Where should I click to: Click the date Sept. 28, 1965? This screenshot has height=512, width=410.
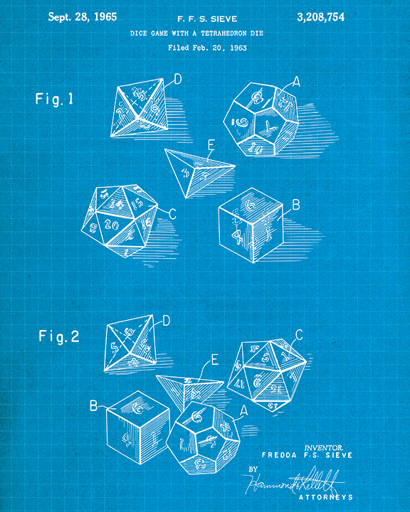[83, 16]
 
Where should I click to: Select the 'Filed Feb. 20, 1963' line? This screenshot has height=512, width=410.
[205, 48]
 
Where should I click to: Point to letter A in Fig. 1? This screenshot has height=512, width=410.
[296, 82]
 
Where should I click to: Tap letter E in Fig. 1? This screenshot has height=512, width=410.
[211, 145]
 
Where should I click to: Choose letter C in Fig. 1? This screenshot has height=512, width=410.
[172, 213]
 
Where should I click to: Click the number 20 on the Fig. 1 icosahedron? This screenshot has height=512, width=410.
[110, 225]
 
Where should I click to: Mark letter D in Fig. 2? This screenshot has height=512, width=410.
[166, 321]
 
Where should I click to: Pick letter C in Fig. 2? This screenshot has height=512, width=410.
[299, 334]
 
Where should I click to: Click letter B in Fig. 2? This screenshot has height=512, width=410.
[93, 406]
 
